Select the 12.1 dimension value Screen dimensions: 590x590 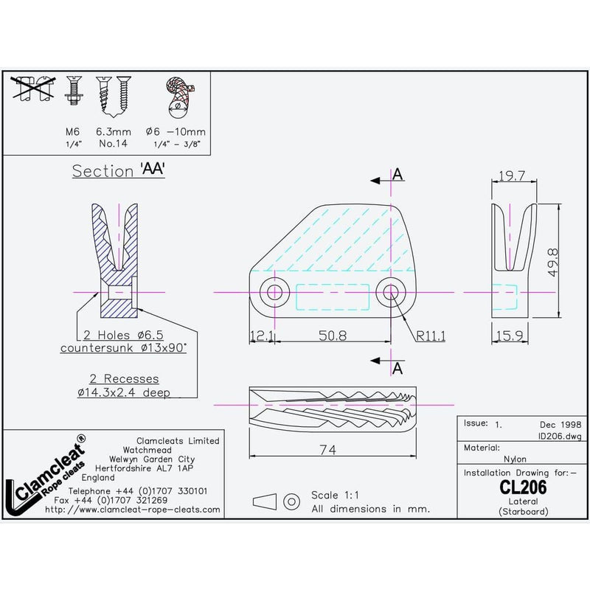[x=263, y=336]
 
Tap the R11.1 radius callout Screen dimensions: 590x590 [x=431, y=336]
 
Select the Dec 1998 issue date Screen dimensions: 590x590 [x=560, y=425]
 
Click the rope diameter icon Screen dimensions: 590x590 [x=177, y=96]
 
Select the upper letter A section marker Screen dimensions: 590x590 [x=398, y=174]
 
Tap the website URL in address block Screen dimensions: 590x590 [x=132, y=509]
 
